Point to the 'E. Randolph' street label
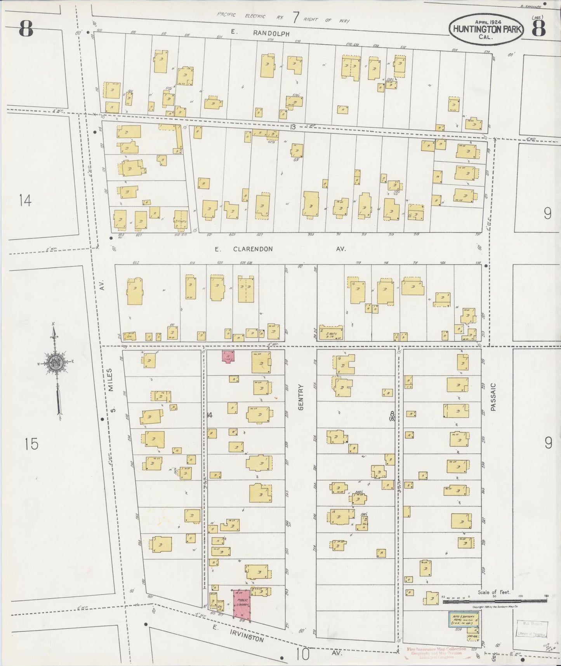pos(260,34)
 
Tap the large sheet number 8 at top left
pos(26,29)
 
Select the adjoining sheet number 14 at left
pos(25,201)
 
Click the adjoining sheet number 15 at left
pos(31,443)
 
